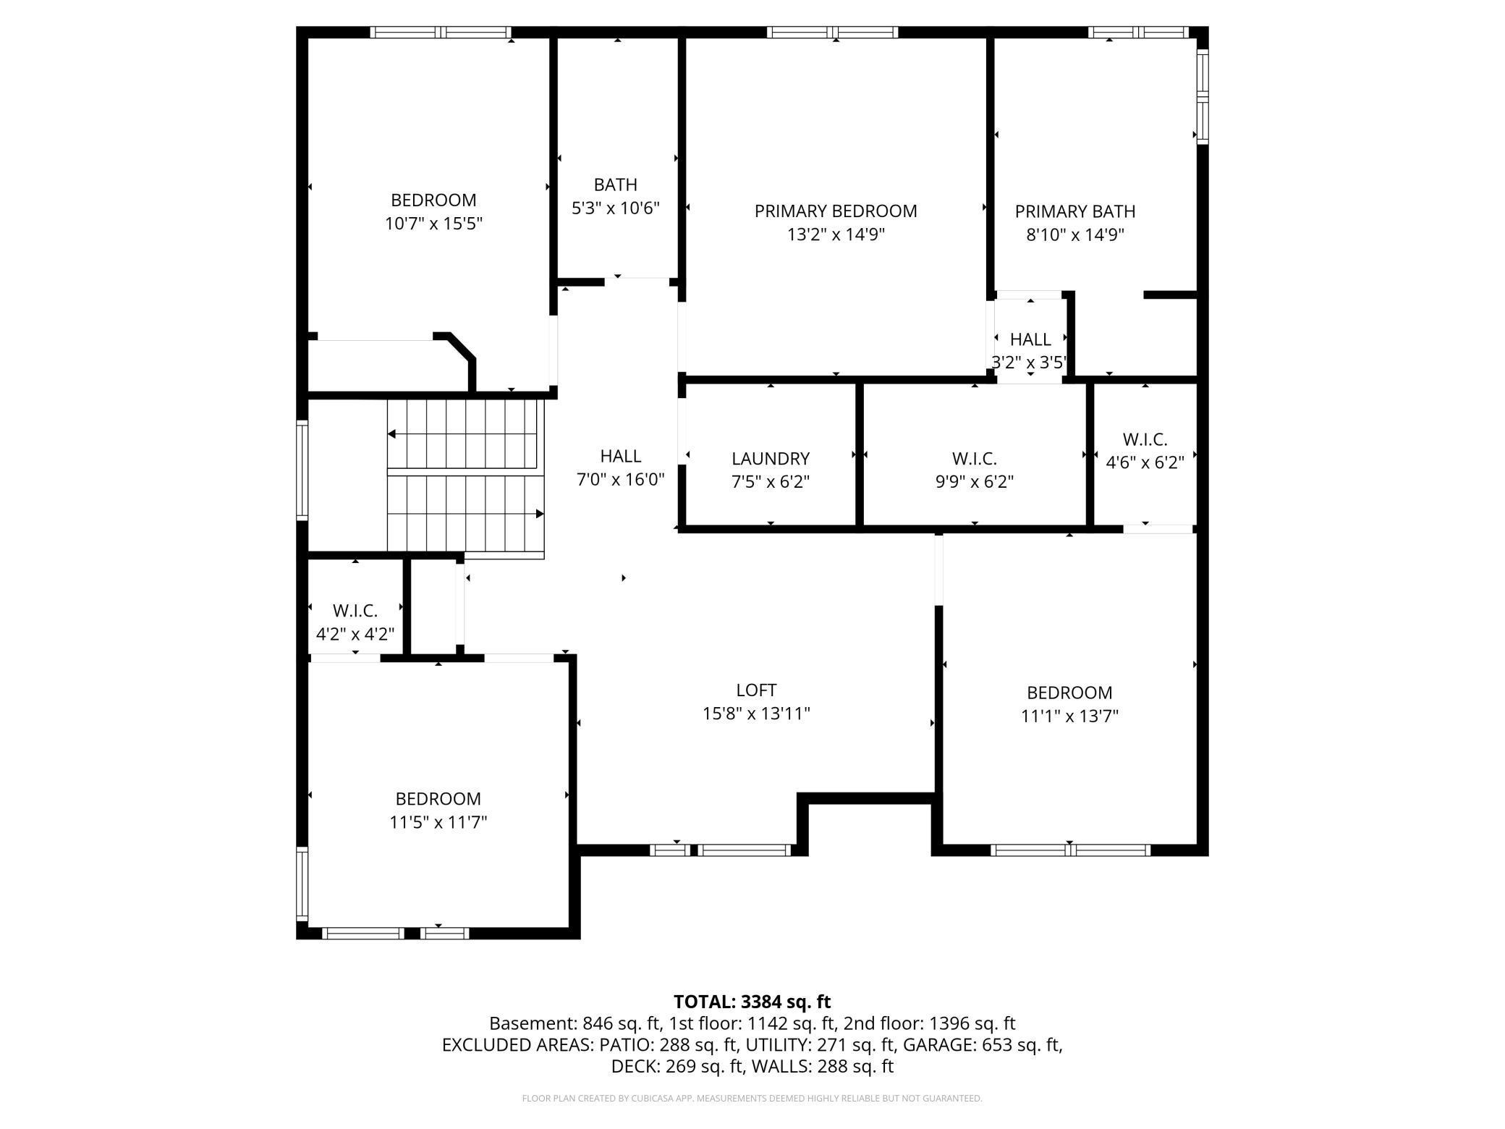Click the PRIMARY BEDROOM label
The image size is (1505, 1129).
tap(836, 211)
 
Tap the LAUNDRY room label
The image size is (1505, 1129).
tap(770, 458)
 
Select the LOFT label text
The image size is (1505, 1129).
tap(756, 690)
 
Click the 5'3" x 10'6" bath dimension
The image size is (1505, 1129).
tap(616, 208)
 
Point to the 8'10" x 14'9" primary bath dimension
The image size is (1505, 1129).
tap(1074, 234)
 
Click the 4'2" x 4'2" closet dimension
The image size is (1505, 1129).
tap(355, 634)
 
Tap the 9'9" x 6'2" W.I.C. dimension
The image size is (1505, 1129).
tap(974, 481)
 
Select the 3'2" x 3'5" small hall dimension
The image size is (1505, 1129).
tap(1029, 362)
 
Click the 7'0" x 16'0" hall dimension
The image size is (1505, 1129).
tap(620, 479)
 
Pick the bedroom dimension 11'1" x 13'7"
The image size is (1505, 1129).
tap(1069, 716)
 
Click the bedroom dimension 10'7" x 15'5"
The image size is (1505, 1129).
tap(433, 223)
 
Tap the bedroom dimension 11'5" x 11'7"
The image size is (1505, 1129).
tap(438, 821)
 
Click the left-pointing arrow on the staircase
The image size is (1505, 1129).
tap(391, 434)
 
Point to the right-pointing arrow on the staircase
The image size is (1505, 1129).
tap(539, 514)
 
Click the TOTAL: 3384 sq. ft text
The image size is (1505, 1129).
tap(752, 1002)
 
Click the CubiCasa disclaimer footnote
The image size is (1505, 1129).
tap(752, 1098)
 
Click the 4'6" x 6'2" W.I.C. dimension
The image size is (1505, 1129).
tap(1145, 462)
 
